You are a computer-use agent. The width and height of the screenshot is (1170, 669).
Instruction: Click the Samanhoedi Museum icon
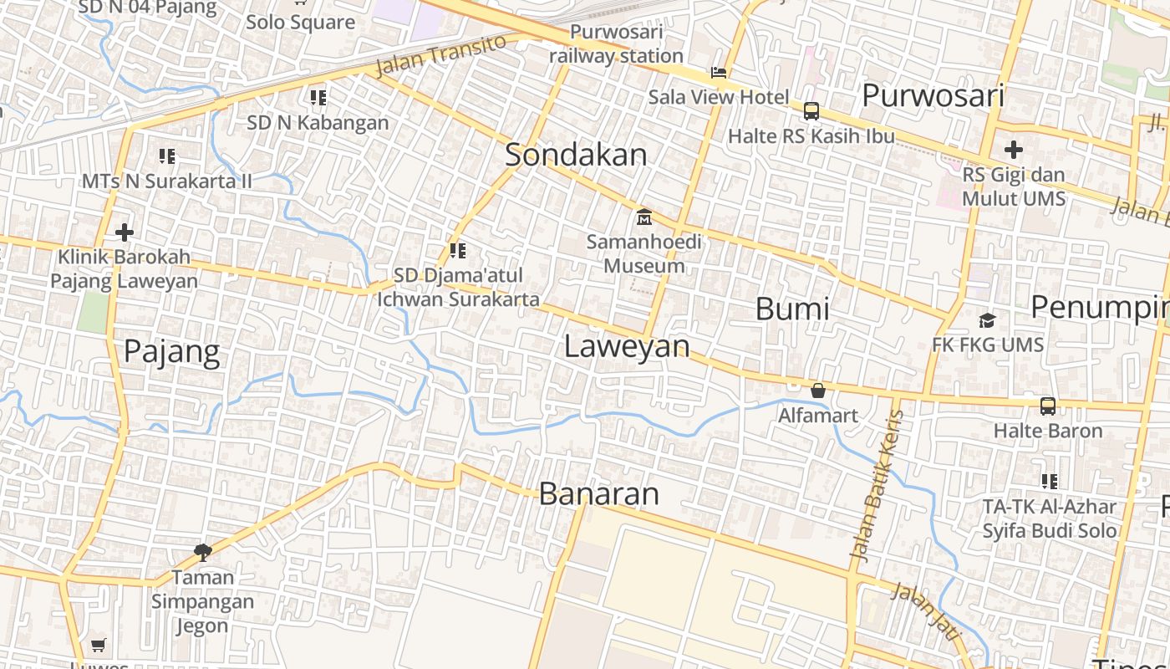(644, 217)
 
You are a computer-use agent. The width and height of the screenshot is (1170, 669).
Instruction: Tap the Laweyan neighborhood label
(627, 346)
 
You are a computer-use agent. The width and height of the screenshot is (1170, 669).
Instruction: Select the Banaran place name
(599, 493)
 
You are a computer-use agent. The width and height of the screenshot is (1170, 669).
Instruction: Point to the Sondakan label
(576, 155)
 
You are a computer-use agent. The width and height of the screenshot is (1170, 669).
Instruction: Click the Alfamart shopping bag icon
(818, 391)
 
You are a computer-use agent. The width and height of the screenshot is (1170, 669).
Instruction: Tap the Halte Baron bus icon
(1047, 406)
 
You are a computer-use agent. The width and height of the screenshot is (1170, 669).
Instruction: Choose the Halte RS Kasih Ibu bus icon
(811, 111)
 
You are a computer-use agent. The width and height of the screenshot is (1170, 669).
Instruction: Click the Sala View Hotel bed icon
(719, 73)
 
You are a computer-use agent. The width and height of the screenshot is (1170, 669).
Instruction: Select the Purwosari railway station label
(617, 44)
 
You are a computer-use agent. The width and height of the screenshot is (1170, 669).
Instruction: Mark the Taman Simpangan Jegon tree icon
(202, 551)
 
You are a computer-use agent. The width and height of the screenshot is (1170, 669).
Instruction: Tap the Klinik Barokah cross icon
(125, 232)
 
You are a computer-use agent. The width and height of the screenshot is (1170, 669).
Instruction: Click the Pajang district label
(172, 351)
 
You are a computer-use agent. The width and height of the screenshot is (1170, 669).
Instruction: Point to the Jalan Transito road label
(440, 56)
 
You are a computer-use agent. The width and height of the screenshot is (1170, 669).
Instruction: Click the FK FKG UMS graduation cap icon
(987, 320)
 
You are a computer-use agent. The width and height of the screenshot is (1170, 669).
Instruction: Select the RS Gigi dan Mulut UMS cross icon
(1014, 151)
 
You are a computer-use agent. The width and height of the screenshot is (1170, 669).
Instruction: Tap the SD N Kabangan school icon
(318, 98)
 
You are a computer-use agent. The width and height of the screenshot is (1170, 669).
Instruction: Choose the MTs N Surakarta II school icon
(166, 156)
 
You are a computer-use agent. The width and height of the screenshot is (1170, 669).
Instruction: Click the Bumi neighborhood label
(792, 309)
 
